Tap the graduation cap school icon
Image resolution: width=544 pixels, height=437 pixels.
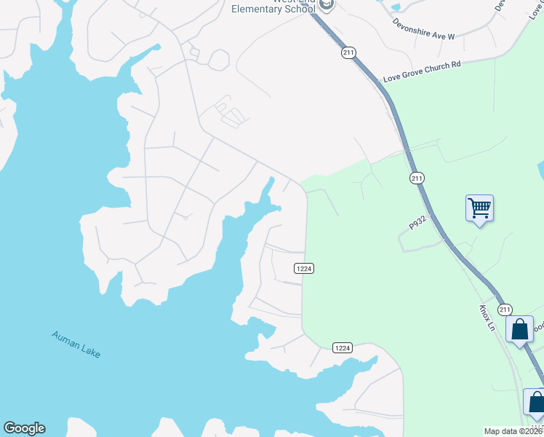coord(327,5)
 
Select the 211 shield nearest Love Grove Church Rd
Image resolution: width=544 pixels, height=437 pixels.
coord(348,53)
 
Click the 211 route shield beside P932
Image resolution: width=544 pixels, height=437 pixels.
coord(416,178)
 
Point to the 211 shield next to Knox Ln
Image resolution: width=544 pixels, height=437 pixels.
coord(505,310)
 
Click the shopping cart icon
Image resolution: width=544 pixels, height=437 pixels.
coord(479,208)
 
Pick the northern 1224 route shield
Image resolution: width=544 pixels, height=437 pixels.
coord(304,269)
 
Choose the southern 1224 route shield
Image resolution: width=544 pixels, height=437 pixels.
coord(343,348)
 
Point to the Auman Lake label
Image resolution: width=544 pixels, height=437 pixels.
coord(76,345)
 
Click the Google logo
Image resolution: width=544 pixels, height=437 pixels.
coord(24,428)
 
